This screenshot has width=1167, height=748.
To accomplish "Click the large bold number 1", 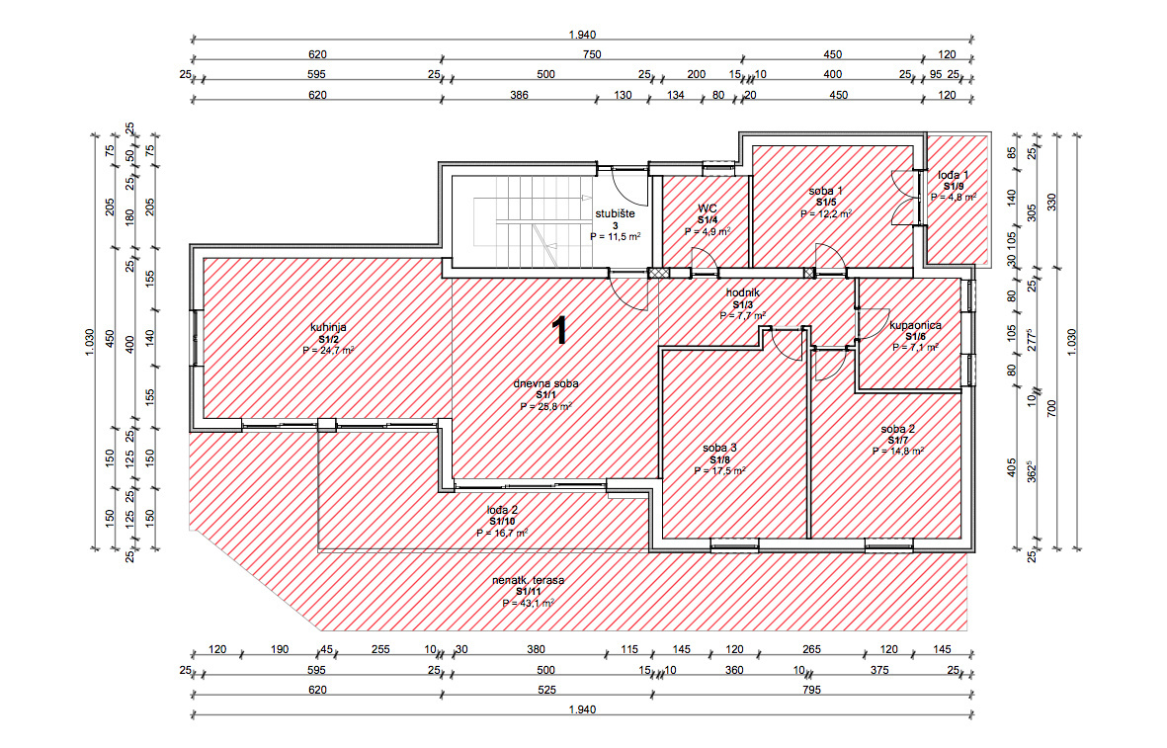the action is (559, 330).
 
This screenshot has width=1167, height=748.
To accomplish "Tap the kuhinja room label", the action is (328, 327).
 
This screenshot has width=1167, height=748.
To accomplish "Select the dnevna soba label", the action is (545, 384).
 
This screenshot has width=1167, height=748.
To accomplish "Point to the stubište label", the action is (615, 214).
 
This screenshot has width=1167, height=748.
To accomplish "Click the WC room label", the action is (708, 208).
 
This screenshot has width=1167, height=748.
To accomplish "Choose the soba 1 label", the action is (825, 192).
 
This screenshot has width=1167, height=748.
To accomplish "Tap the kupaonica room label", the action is (915, 325).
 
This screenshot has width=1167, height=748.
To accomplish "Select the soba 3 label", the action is (719, 448).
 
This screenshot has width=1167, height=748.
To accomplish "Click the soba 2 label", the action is (897, 429).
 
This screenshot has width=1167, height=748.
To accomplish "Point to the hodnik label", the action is (743, 293).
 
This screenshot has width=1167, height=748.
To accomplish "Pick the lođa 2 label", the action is (502, 511).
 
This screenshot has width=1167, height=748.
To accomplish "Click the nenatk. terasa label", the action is (529, 581).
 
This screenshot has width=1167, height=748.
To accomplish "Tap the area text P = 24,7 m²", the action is (328, 350).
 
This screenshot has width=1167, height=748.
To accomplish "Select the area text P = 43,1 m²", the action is (529, 604).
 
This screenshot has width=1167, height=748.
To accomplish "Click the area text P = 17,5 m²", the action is (719, 471).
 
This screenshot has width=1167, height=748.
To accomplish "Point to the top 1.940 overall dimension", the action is (582, 35).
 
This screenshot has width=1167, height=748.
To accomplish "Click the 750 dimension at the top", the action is (592, 54).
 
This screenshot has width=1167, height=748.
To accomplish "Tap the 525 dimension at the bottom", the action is (547, 690).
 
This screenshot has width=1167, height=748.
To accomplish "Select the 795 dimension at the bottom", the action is (811, 690).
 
